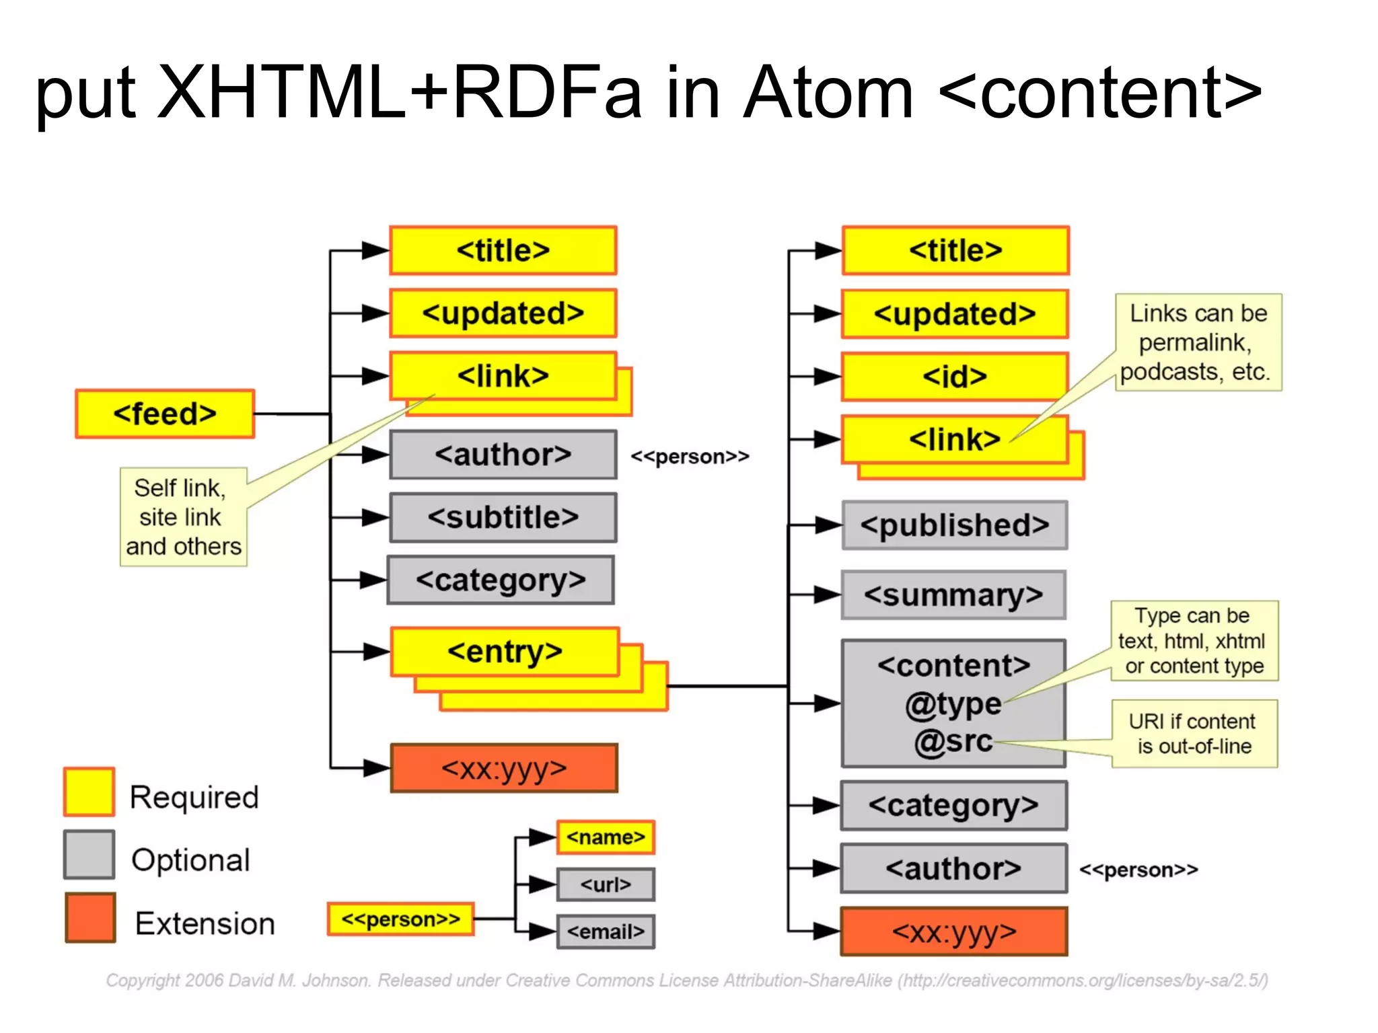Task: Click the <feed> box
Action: coord(165,414)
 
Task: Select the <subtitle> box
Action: coord(503,517)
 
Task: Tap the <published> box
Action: coord(954,525)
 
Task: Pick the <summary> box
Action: coord(953,595)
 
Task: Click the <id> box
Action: coord(954,377)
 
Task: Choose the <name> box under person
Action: coord(606,837)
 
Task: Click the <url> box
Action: coord(606,884)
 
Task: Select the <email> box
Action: coord(606,931)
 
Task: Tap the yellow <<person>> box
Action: coord(400,919)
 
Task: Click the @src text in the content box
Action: coord(953,741)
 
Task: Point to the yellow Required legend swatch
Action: coord(89,792)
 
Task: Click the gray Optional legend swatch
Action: coord(89,855)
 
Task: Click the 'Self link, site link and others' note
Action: coord(183,517)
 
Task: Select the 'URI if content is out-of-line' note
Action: coord(1194,734)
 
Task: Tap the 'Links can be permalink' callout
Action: coord(1198,342)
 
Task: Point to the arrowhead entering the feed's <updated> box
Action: coord(374,313)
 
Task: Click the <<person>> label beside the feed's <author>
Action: coord(690,457)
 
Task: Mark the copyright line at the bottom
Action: coord(686,981)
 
